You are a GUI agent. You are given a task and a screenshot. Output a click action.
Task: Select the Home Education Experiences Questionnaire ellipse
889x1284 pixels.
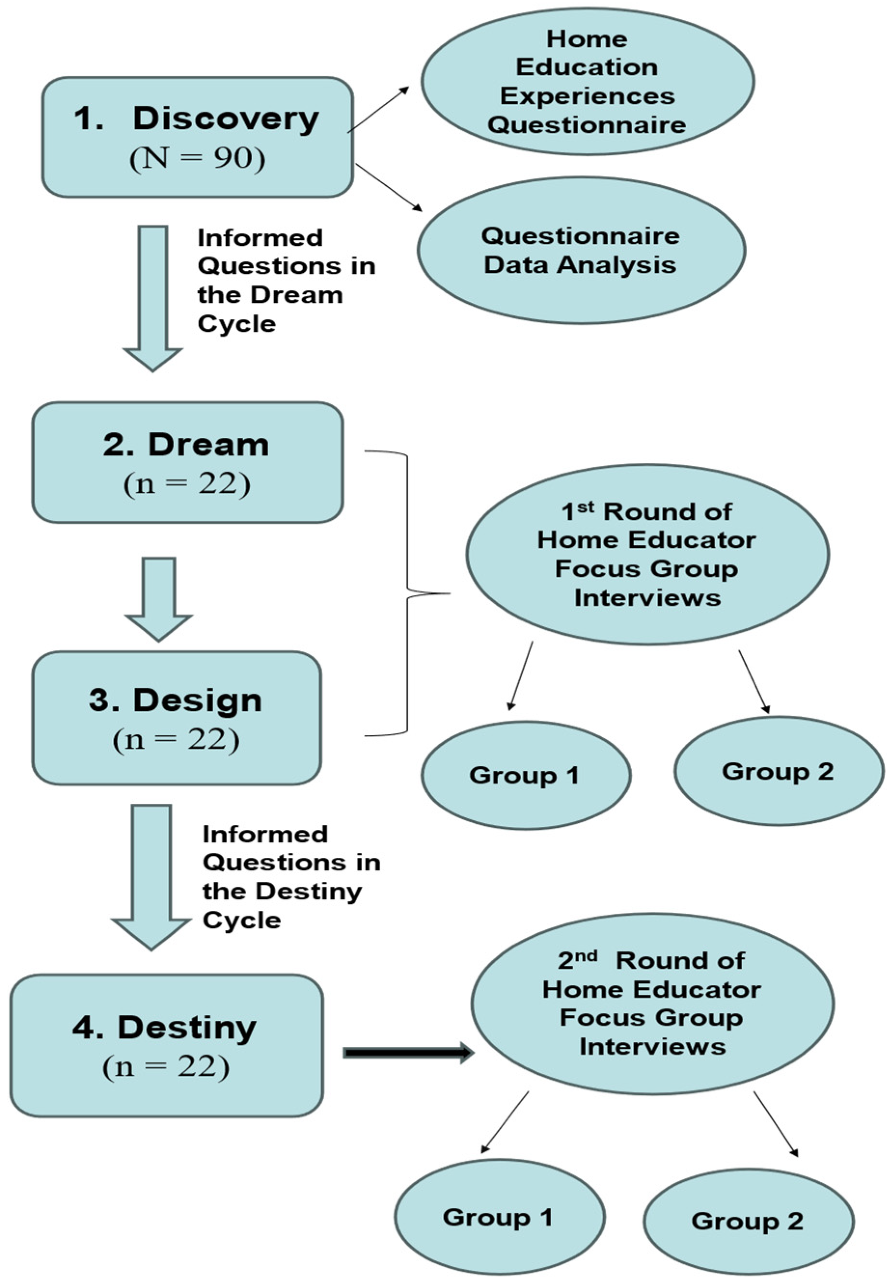point(587,82)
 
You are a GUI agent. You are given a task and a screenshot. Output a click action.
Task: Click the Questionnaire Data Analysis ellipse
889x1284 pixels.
point(580,251)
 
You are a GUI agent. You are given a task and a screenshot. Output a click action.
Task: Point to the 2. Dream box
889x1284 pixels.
point(187,462)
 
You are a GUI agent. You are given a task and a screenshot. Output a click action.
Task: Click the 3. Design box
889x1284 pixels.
point(176,718)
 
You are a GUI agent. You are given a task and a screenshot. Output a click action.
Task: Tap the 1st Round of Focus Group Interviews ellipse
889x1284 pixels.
point(647,554)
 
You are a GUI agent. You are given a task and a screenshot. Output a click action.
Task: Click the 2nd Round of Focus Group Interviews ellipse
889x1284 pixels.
point(652,1003)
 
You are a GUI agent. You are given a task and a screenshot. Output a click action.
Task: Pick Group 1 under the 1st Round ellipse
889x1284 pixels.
point(525,775)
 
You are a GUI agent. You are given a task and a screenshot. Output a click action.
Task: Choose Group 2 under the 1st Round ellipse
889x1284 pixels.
point(778,771)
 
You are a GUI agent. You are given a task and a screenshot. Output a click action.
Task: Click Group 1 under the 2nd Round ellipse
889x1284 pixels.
point(499,1217)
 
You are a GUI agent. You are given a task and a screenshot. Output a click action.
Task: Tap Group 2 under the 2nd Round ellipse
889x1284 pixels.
point(748,1221)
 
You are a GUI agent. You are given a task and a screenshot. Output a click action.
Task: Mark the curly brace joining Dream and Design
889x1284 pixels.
point(408,594)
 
